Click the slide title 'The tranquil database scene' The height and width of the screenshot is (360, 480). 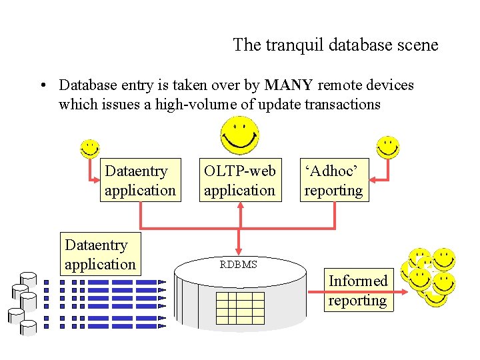click(335, 45)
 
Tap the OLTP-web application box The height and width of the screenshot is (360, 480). click(239, 181)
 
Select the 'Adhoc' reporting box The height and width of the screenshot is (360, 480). click(333, 181)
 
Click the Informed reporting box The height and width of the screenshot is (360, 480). click(357, 291)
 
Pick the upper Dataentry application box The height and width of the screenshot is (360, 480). click(140, 181)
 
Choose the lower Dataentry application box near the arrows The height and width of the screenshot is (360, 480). click(100, 255)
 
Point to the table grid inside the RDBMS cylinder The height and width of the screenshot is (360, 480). click(240, 307)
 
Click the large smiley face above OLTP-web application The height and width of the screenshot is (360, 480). click(241, 135)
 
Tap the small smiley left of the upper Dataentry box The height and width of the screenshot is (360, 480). click(89, 149)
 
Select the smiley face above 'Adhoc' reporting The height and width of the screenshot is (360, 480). click(387, 148)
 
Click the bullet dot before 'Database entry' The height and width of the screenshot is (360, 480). click(42, 86)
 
